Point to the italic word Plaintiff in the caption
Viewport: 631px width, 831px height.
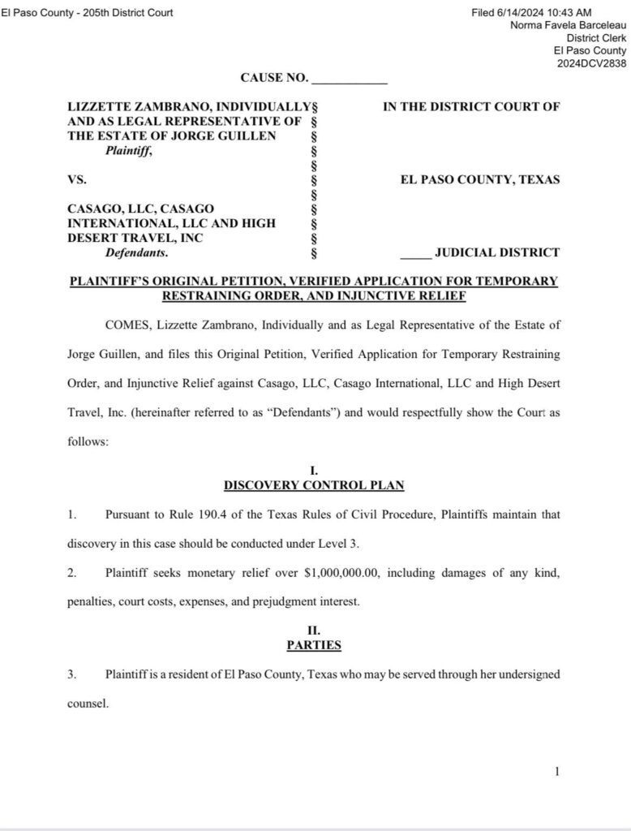tap(127, 150)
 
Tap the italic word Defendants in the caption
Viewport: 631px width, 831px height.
tap(135, 252)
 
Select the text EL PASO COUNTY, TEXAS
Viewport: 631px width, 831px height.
tap(479, 179)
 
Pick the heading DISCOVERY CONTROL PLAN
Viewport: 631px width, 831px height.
tap(314, 485)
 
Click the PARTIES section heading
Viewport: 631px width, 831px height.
tap(314, 645)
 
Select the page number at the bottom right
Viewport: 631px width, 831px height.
tap(556, 772)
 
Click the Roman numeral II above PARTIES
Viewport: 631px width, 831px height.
tap(315, 630)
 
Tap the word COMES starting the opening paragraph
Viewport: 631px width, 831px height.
tap(127, 325)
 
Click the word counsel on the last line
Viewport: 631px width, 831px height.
tap(87, 704)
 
